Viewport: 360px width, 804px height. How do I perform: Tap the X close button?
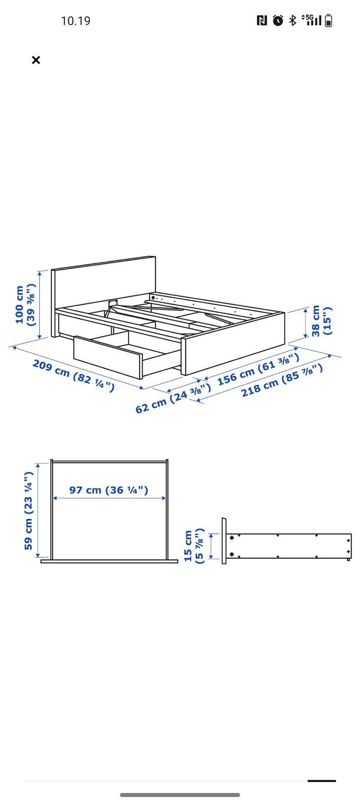point(36,60)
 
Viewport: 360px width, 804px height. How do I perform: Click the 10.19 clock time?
point(75,21)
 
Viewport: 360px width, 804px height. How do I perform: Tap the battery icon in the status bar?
point(328,21)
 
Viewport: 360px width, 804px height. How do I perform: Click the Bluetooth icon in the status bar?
point(293,21)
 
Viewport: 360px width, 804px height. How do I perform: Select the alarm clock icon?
point(278,21)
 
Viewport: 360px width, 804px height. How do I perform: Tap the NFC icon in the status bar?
point(262,21)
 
